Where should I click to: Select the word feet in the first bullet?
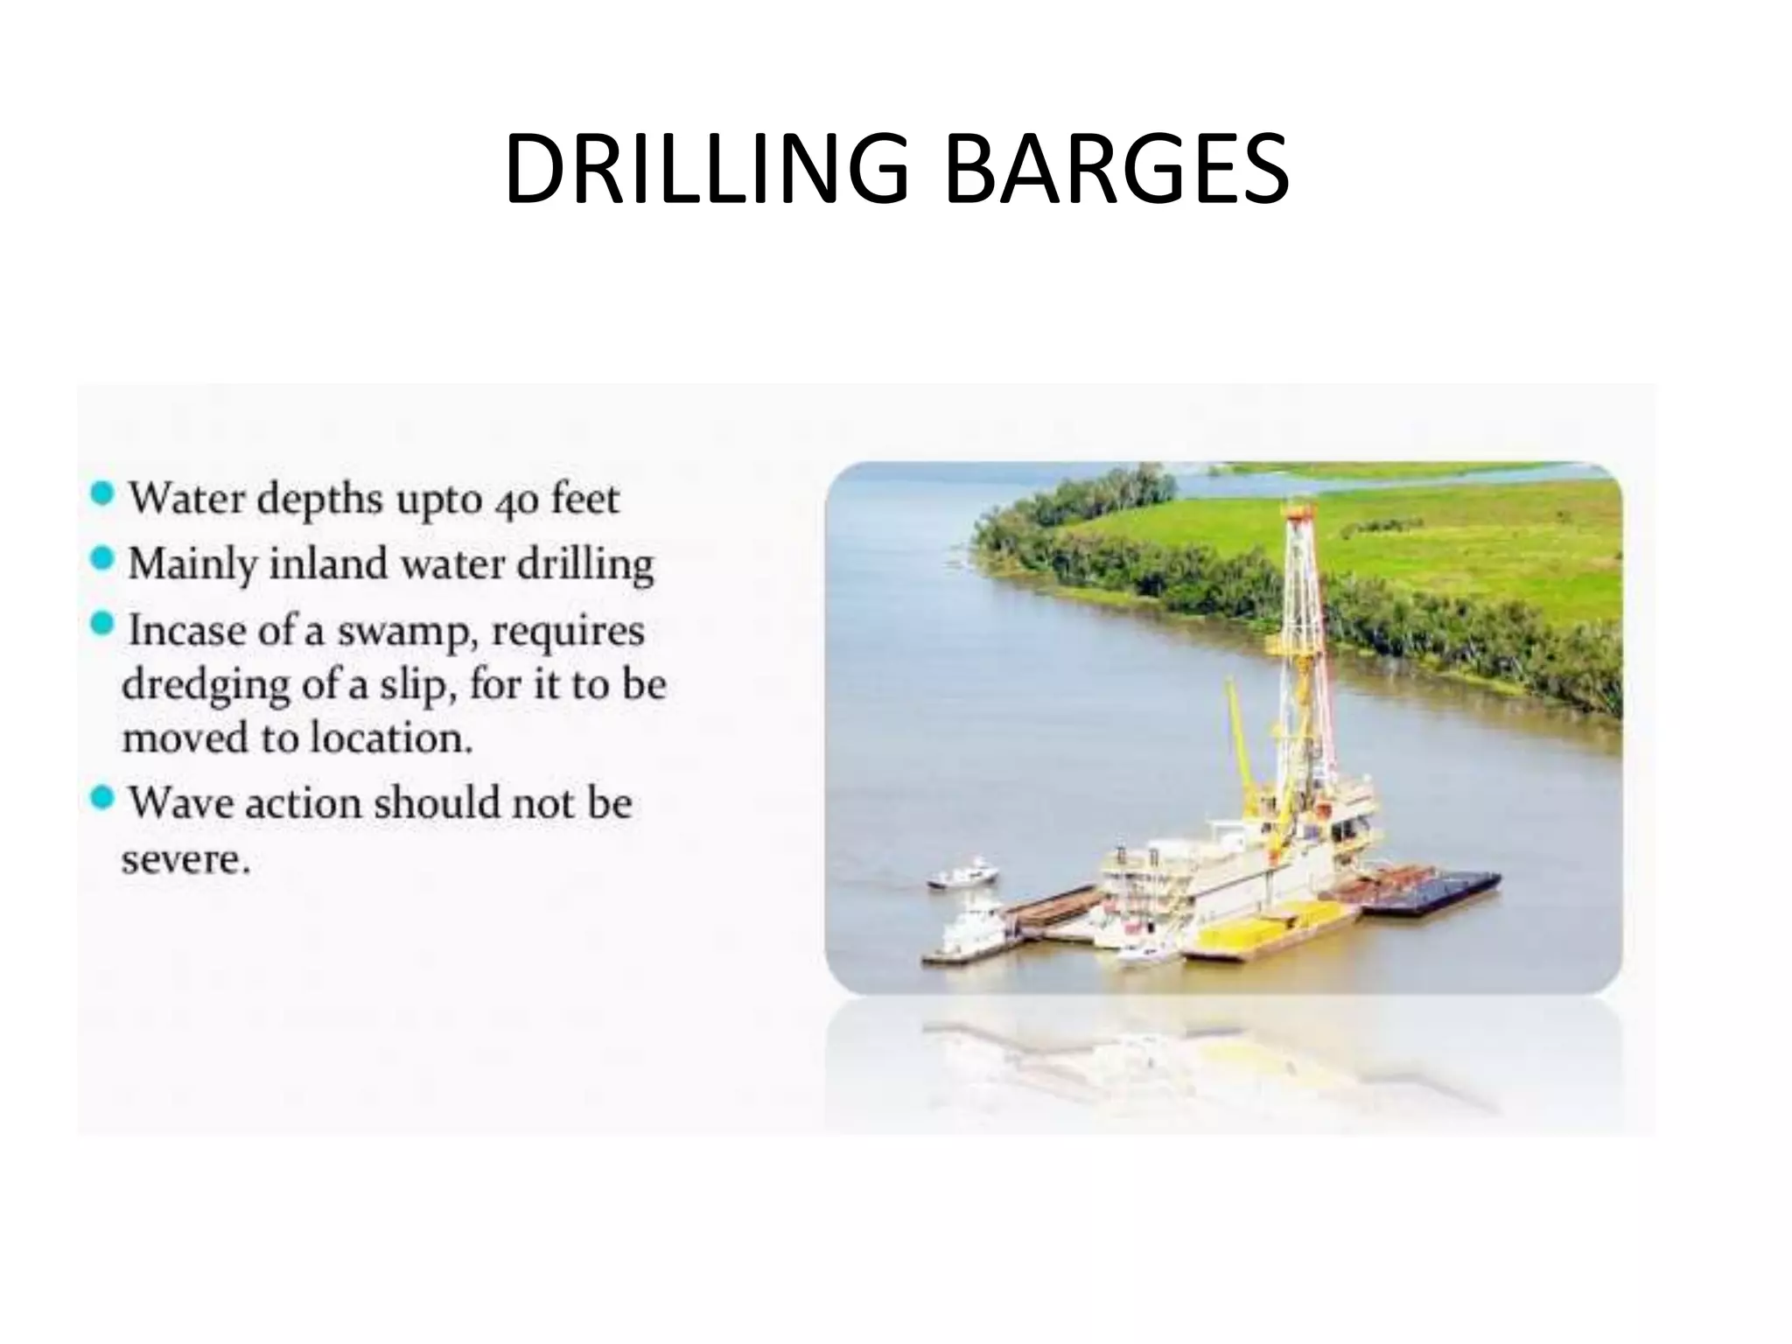pos(585,499)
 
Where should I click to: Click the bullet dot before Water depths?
pos(102,494)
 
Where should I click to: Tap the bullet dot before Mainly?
pos(102,558)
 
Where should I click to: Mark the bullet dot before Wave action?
pos(102,797)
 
